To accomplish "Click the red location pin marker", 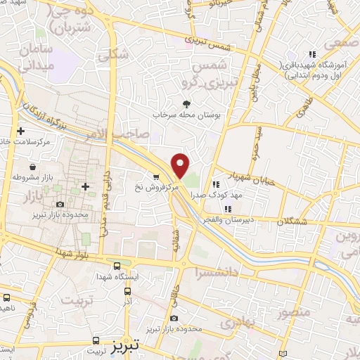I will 181,165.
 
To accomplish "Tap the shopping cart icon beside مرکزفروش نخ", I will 156,176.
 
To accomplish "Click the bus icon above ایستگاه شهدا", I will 117,266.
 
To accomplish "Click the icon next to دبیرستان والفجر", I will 226,208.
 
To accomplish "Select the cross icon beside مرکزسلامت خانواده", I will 21,131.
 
